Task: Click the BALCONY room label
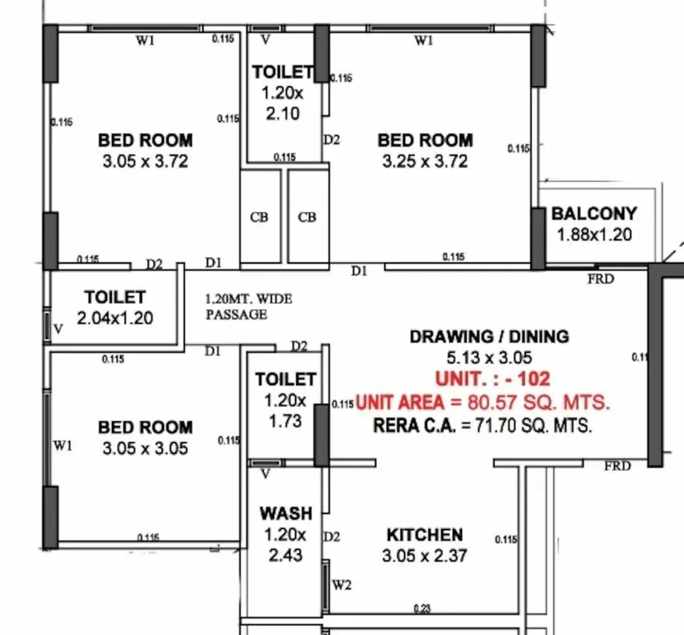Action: point(593,214)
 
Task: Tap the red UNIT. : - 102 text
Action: point(492,379)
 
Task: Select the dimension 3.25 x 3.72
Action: point(425,161)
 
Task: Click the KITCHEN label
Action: point(424,535)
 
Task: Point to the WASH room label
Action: point(285,514)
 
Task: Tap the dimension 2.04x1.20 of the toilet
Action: point(115,319)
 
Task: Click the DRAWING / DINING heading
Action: point(489,337)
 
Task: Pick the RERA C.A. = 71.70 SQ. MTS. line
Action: point(482,426)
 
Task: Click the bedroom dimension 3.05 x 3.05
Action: point(145,449)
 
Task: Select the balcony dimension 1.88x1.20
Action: point(593,235)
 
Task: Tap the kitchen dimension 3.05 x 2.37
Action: point(424,556)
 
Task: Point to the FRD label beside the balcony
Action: point(601,278)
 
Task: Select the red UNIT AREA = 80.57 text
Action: point(482,403)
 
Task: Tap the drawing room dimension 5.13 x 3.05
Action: point(489,358)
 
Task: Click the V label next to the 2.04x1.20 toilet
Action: point(58,330)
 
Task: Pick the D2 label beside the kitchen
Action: point(332,537)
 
